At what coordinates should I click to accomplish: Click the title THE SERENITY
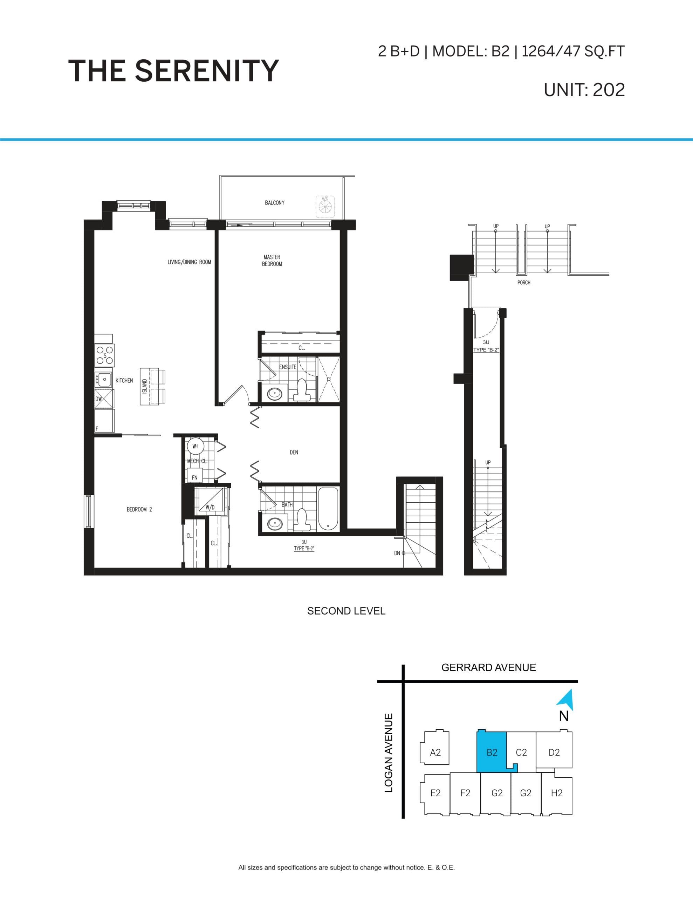pyautogui.click(x=173, y=71)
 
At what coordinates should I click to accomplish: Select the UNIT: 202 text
pyautogui.click(x=584, y=90)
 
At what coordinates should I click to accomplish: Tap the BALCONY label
pyautogui.click(x=274, y=203)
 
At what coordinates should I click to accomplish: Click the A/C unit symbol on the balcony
pyautogui.click(x=325, y=206)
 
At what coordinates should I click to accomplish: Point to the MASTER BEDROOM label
pyautogui.click(x=272, y=260)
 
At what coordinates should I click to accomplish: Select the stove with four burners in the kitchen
pyautogui.click(x=105, y=356)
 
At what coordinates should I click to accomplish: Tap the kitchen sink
pyautogui.click(x=104, y=379)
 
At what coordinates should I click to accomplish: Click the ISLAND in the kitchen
pyautogui.click(x=145, y=387)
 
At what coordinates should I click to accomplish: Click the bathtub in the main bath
pyautogui.click(x=328, y=509)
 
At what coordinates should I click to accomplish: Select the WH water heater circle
pyautogui.click(x=195, y=446)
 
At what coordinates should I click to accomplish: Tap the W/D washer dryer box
pyautogui.click(x=210, y=501)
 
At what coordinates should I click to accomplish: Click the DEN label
pyautogui.click(x=294, y=452)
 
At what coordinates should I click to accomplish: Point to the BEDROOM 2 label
pyautogui.click(x=139, y=509)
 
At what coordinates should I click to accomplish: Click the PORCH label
pyautogui.click(x=524, y=282)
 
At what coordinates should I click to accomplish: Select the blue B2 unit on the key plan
pyautogui.click(x=492, y=752)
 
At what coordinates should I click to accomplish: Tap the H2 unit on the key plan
pyautogui.click(x=556, y=793)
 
